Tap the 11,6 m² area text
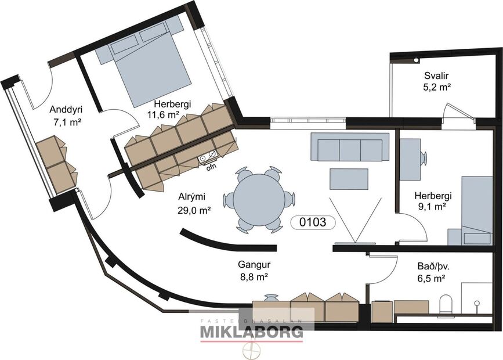tap(163, 115)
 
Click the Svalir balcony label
tap(437, 75)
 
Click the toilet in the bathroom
tap(446, 303)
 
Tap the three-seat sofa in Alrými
tap(350, 147)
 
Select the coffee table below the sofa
tap(349, 178)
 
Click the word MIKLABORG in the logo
tap(251, 333)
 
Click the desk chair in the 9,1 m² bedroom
tap(424, 158)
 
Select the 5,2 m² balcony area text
tap(437, 87)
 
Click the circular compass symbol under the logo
tap(251, 350)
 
